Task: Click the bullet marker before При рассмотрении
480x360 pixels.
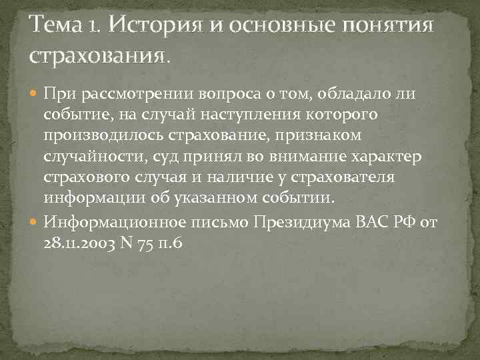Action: (35, 93)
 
